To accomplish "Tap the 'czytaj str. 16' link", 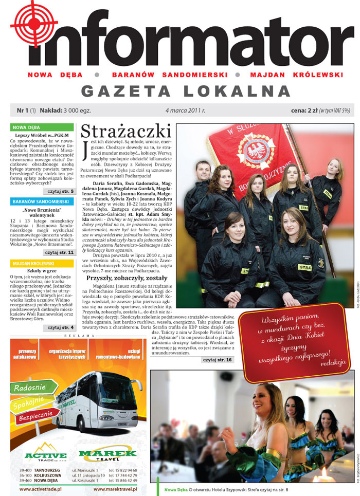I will click(217, 360).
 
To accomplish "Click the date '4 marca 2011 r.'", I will click(185, 111).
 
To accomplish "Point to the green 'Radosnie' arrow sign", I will click(31, 388).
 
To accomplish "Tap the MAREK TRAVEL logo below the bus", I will click(107, 454).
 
